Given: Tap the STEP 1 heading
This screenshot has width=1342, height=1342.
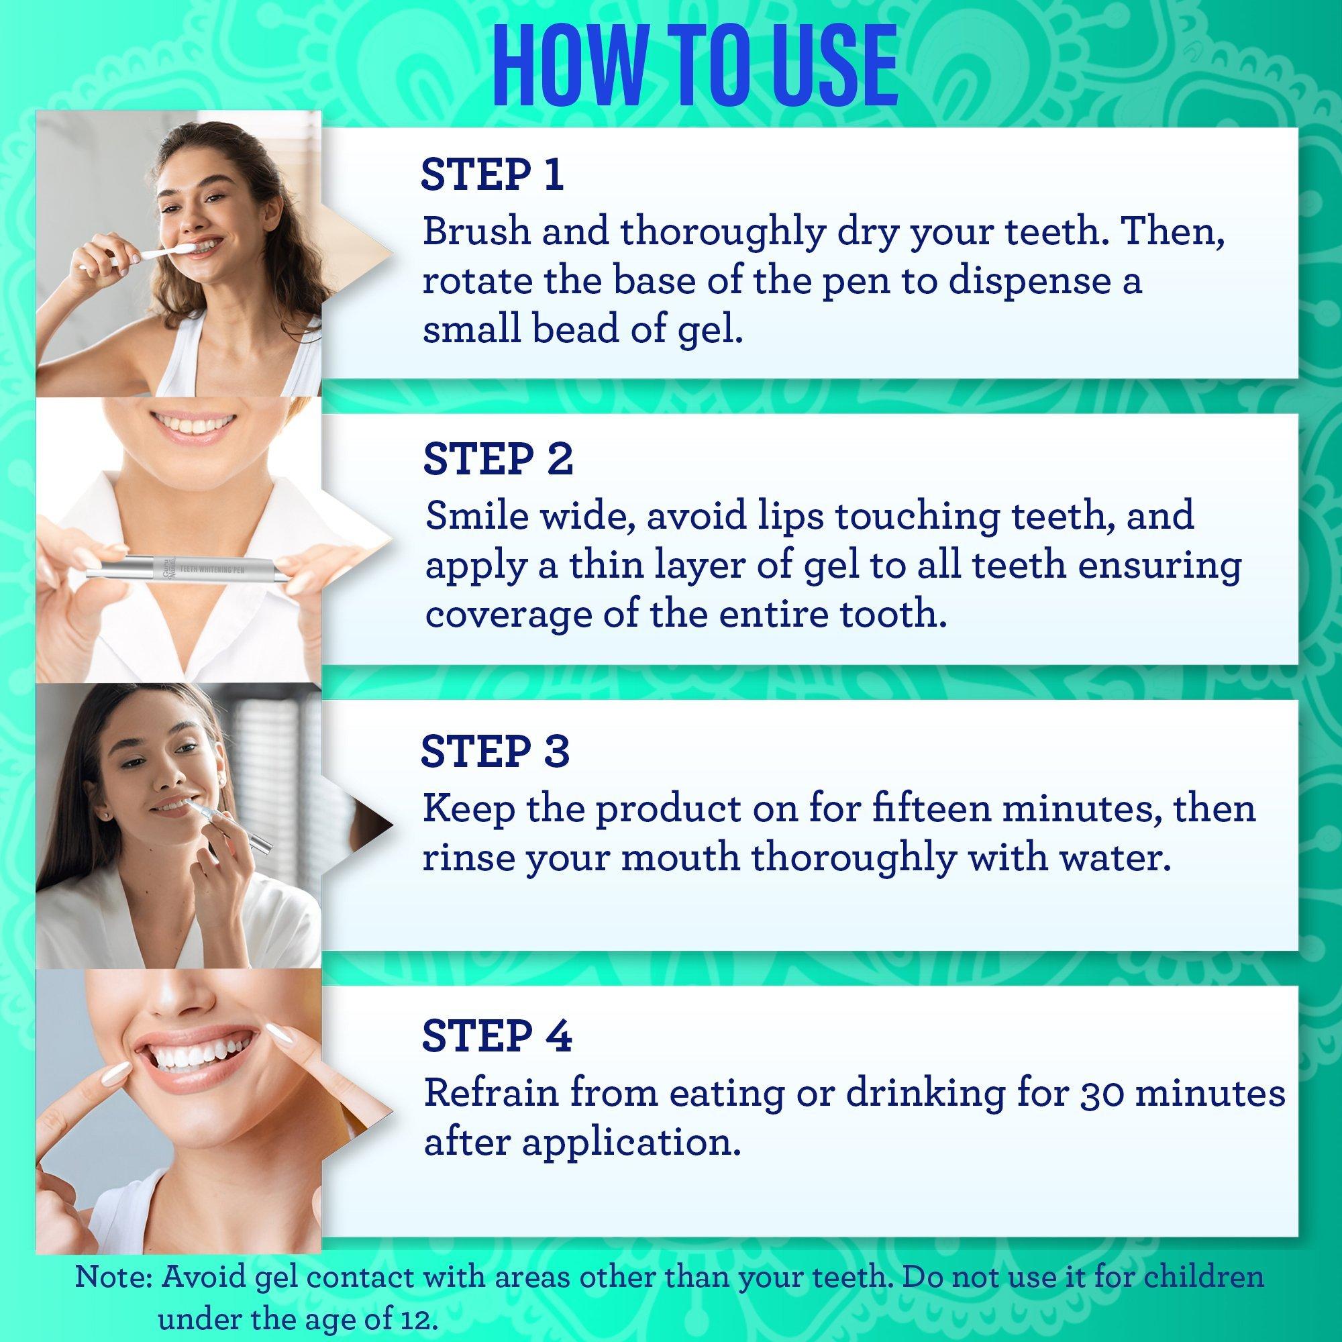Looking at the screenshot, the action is pos(492,176).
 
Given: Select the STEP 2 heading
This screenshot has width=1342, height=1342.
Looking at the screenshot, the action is pos(498,459).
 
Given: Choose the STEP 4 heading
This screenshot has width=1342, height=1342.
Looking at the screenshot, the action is pos(497,1035).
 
